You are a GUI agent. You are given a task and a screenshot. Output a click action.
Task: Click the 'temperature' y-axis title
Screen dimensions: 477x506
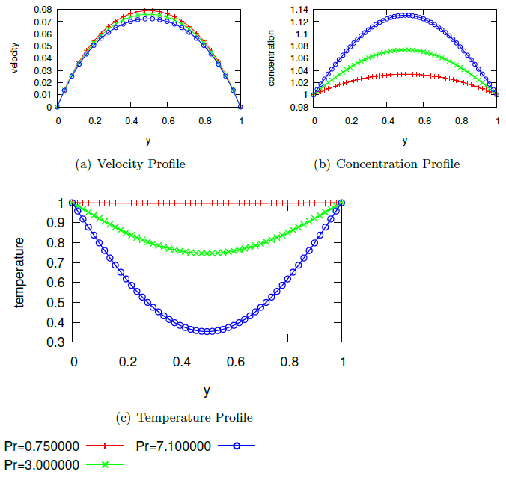pyautogui.click(x=20, y=273)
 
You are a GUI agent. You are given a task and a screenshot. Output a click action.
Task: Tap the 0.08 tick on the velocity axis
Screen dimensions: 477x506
pyautogui.click(x=42, y=10)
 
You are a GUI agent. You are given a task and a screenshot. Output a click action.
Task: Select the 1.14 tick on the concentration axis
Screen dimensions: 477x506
pyautogui.click(x=299, y=10)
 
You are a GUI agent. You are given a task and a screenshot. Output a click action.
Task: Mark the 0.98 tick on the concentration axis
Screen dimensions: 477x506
pyautogui.click(x=299, y=108)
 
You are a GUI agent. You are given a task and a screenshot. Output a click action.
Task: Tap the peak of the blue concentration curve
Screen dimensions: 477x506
pyautogui.click(x=406, y=15)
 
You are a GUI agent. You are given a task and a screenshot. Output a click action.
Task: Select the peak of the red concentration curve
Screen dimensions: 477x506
pyautogui.click(x=406, y=74)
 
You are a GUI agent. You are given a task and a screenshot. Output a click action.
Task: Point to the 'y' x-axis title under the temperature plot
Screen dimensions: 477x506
pyautogui.click(x=207, y=390)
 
